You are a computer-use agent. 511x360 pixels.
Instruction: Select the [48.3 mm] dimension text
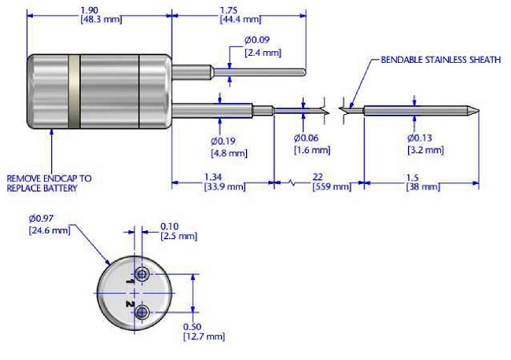point(101,19)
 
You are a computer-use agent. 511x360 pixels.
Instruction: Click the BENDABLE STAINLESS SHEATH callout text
point(439,59)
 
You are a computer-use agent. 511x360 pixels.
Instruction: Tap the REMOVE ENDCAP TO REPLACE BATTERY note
point(50,183)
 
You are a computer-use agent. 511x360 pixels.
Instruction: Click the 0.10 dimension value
point(169,226)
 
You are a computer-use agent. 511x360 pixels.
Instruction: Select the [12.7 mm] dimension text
point(203,336)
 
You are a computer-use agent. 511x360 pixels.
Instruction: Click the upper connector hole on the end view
point(142,274)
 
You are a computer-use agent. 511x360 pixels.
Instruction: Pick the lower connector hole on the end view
point(142,314)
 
